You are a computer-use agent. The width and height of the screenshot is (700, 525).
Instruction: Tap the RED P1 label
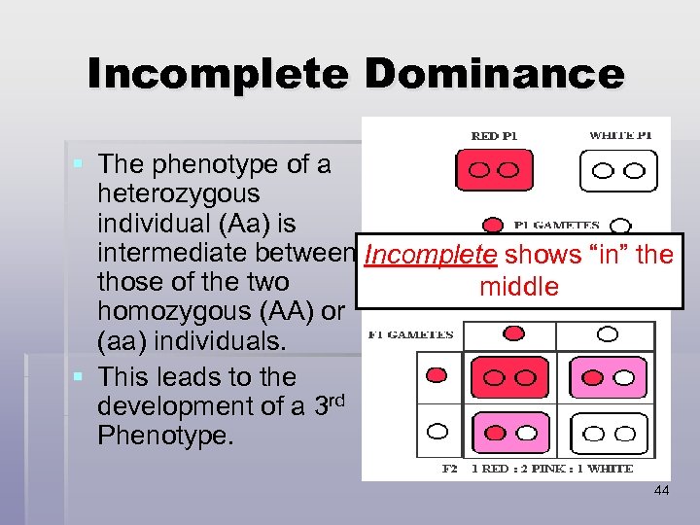point(494,136)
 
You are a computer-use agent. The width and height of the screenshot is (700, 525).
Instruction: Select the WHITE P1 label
point(620,136)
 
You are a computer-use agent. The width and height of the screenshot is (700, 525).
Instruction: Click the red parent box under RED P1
point(495,170)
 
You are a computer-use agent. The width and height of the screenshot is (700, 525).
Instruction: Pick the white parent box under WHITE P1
point(618,171)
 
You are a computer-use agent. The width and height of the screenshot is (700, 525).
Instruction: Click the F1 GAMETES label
point(410,334)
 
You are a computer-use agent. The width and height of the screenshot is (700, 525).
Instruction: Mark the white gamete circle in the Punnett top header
point(608,334)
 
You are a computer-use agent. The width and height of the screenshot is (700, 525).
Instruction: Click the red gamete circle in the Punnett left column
point(437,375)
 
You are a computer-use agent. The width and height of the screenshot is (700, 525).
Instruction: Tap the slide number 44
point(661,491)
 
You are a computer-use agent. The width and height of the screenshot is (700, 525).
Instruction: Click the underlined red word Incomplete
point(429,256)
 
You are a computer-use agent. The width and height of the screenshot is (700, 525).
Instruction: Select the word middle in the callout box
point(518,287)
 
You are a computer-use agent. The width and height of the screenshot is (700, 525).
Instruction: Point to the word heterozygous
point(178,194)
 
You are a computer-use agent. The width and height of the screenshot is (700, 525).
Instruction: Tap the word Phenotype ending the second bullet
point(165,436)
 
